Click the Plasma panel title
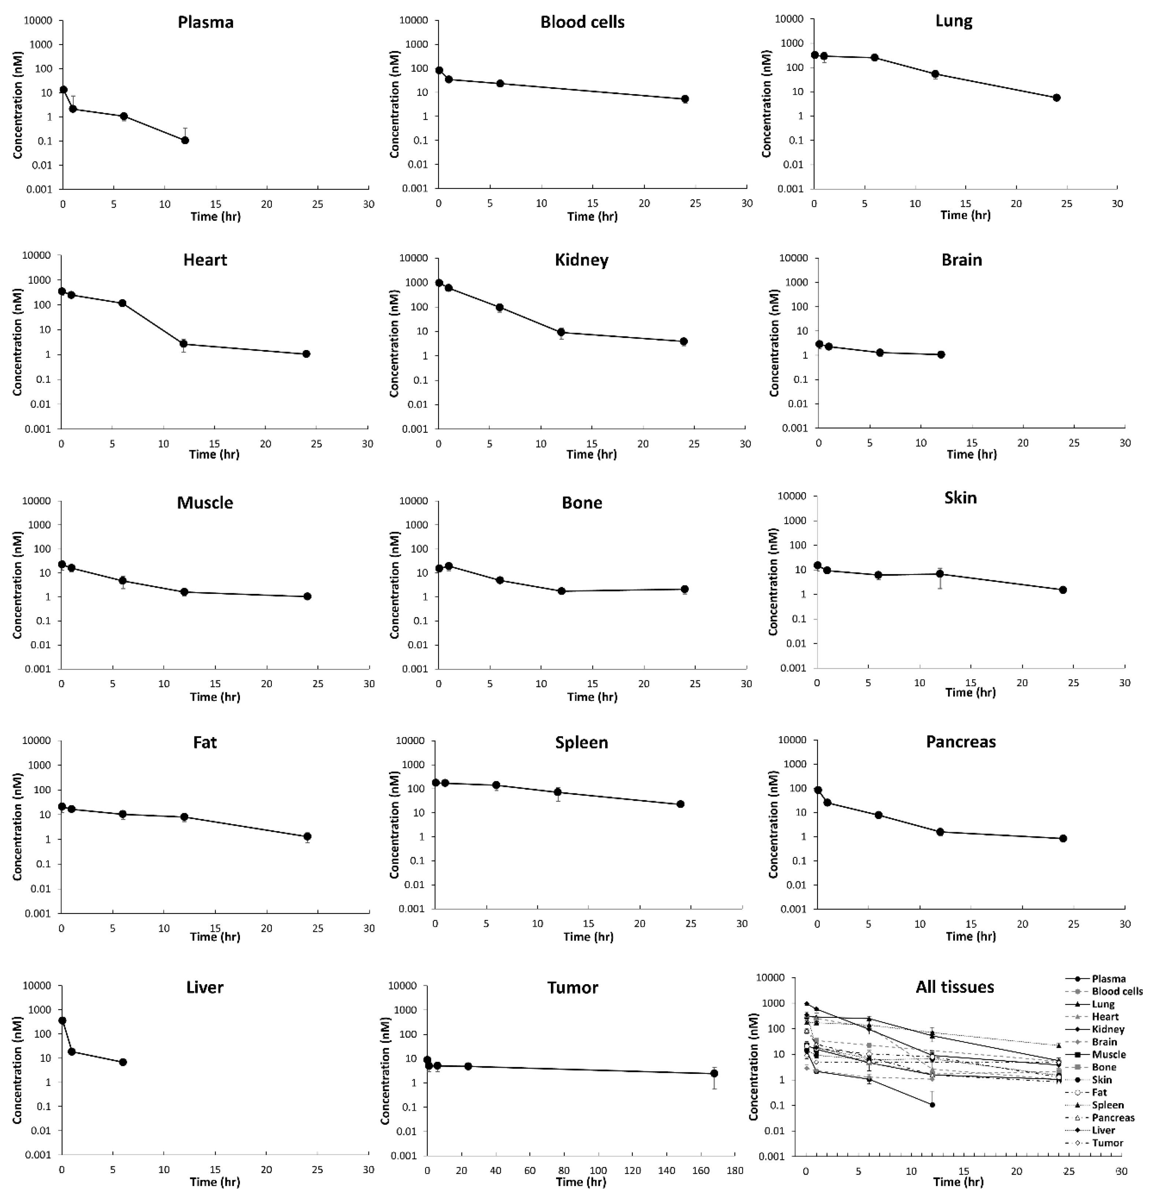pos(205,23)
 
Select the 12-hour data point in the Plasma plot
pos(185,140)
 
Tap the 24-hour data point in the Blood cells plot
pos(685,99)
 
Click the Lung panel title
pos(954,21)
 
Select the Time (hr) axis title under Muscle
pos(215,697)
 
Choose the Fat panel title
pos(205,743)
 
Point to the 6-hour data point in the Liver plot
pos(123,1062)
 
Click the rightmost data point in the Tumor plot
pos(714,1073)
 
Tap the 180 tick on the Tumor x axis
pos(734,1171)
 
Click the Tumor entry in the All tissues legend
pos(1107,1143)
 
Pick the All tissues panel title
pos(954,987)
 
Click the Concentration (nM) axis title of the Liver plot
pos(17,1070)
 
